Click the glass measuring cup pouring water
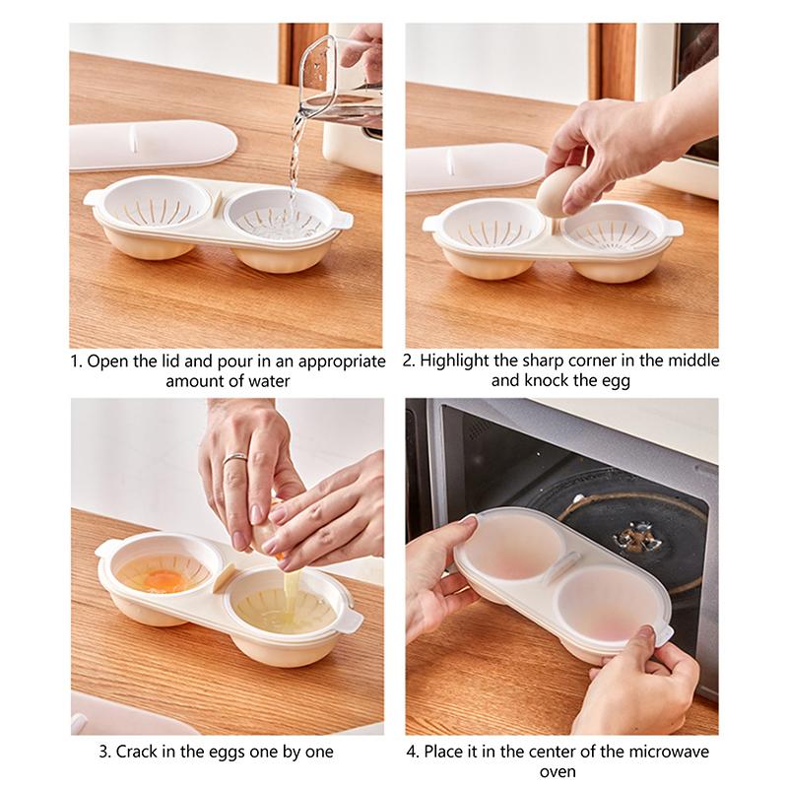pos(340,84)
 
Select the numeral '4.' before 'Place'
pos(413,752)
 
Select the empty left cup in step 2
pos(490,225)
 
